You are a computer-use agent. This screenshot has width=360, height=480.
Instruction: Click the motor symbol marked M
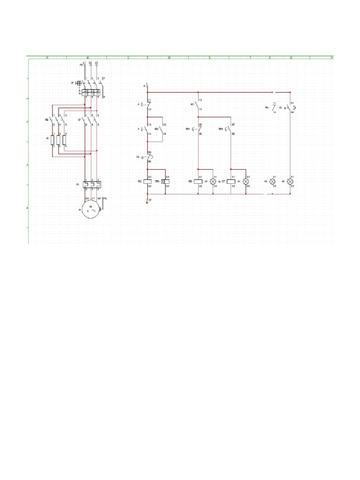coord(90,209)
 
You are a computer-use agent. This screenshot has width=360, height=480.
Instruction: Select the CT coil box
coord(231,181)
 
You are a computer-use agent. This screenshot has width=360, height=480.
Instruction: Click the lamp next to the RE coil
coord(213,181)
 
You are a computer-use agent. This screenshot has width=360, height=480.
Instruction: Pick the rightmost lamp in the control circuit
coord(291,181)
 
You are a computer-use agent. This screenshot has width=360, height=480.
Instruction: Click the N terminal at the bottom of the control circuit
coord(147,200)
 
